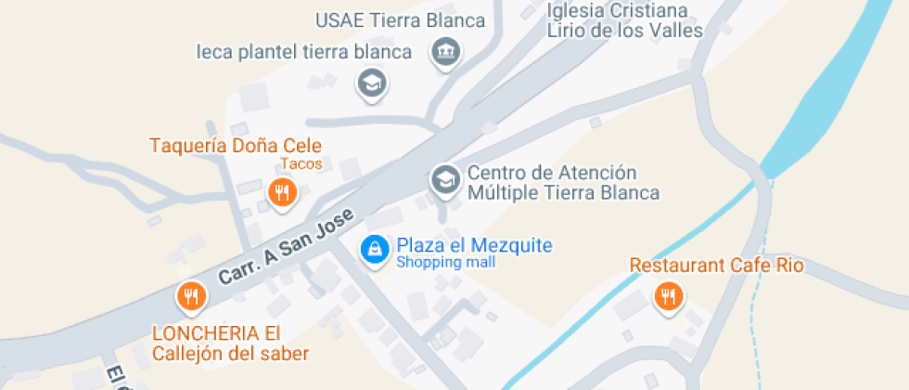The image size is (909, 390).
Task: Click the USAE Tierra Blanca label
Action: point(400,21)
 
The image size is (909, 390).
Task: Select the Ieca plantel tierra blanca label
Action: point(303,52)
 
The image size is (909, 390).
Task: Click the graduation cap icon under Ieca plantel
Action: point(371,84)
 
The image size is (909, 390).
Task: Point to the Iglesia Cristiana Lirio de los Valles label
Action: point(624,20)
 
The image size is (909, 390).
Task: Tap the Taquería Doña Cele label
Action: point(236,146)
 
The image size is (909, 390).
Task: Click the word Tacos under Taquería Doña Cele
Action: point(301,164)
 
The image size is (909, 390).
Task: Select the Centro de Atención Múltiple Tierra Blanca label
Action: point(562,183)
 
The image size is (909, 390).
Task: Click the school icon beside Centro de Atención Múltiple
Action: point(445,179)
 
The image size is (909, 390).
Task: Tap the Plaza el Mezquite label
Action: point(474,246)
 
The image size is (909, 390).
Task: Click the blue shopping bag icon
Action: point(374,249)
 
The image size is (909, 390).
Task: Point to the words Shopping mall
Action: point(445,263)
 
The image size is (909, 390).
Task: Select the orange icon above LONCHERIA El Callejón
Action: point(191,296)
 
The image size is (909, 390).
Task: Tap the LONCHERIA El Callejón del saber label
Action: point(230,344)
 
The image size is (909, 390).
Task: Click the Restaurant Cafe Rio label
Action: point(716,266)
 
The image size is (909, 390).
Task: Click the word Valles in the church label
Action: point(674,31)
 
